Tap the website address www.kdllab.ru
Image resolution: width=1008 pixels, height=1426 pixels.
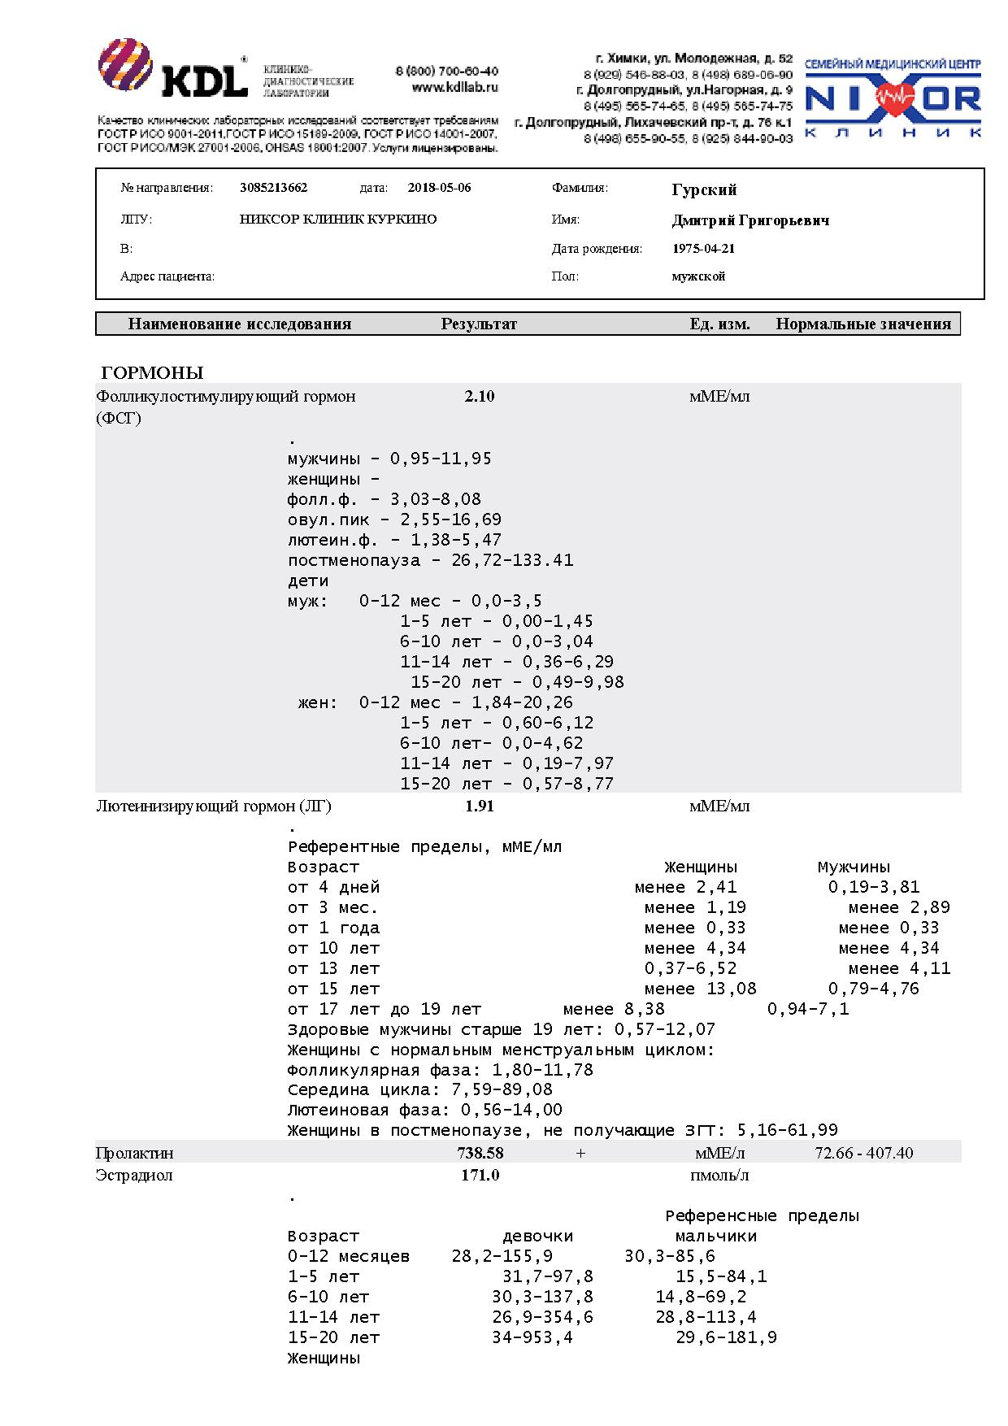(454, 87)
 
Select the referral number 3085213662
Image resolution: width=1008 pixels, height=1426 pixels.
(274, 188)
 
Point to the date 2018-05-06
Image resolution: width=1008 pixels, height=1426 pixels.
(439, 188)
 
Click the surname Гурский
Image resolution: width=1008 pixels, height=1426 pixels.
(704, 189)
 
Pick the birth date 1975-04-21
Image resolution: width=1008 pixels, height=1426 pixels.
(703, 249)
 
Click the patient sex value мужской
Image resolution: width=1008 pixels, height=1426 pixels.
(698, 276)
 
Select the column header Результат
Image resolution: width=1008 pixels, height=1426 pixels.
(479, 324)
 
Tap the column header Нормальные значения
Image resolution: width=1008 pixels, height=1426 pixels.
(863, 324)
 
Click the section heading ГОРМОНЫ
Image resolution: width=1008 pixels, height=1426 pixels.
(152, 373)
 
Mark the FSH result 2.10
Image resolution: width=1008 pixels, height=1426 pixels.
(480, 397)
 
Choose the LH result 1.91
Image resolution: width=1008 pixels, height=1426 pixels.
(480, 806)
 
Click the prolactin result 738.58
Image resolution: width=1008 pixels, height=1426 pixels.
(480, 1153)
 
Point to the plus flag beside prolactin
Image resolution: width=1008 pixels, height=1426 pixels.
(580, 1153)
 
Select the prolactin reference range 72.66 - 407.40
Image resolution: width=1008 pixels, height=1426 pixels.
(863, 1153)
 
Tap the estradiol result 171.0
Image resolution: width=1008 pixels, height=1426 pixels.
(480, 1176)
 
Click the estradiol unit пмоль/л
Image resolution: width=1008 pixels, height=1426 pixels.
(719, 1176)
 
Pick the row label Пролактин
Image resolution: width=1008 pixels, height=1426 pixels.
(134, 1153)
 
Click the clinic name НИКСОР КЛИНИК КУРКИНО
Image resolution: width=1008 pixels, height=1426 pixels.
(338, 220)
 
